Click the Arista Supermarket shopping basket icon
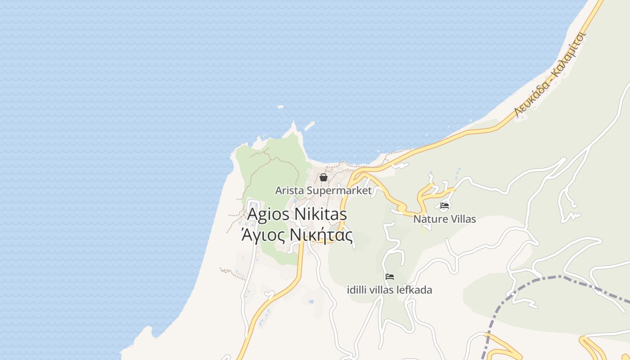tap(323, 177)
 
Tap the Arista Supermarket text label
tap(323, 191)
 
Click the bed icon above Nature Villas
tap(445, 206)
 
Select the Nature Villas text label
tap(445, 220)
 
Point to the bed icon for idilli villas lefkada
tap(390, 277)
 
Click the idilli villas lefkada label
tap(390, 290)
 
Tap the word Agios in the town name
tap(268, 214)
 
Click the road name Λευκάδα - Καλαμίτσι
tap(550, 74)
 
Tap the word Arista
tap(290, 191)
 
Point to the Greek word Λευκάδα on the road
tap(532, 96)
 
